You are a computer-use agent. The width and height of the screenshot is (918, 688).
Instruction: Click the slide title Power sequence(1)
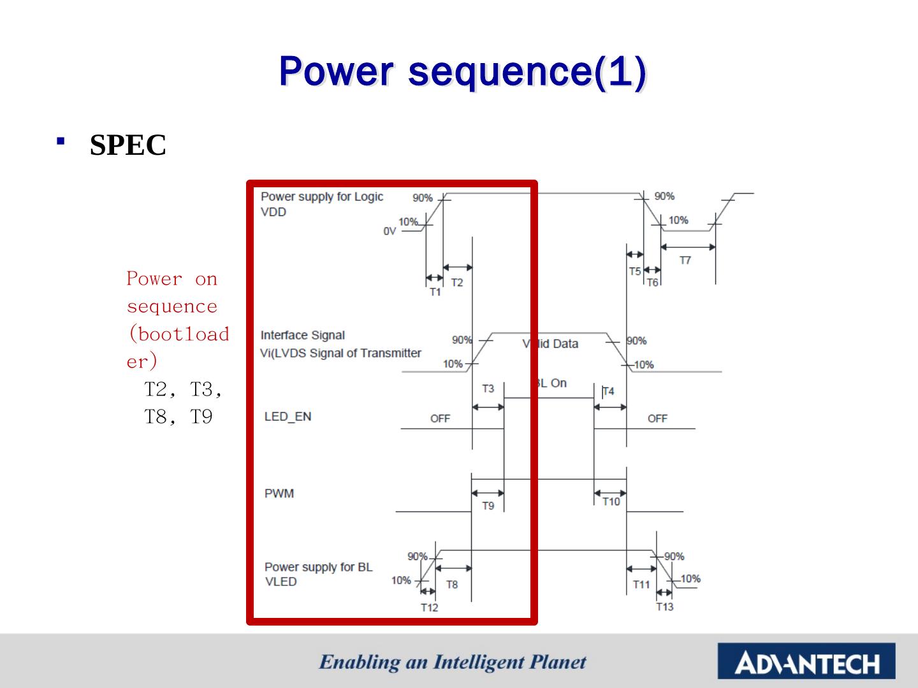(463, 72)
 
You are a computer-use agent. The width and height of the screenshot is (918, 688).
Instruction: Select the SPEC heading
(128, 145)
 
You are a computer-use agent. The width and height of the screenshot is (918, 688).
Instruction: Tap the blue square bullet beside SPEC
(61, 141)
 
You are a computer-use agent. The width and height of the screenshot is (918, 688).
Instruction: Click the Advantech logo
(806, 661)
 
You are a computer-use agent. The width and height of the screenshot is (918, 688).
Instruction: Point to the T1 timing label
(435, 292)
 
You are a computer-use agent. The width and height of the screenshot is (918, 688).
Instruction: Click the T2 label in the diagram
(457, 283)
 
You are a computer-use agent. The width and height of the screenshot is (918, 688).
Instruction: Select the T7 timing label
(685, 261)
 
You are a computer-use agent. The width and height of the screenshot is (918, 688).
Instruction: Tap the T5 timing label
(635, 271)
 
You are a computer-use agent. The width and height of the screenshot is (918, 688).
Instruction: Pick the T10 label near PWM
(611, 502)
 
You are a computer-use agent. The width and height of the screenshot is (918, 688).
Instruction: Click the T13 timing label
(664, 607)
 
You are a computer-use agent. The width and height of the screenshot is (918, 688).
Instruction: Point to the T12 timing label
(429, 608)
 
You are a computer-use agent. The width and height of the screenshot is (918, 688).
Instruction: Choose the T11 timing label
(641, 585)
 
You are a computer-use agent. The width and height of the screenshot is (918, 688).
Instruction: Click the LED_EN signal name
(288, 417)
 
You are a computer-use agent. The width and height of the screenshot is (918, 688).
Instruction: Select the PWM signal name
(279, 493)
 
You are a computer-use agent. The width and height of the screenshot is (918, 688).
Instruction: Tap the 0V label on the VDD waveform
(390, 231)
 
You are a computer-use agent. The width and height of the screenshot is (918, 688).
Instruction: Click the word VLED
(280, 582)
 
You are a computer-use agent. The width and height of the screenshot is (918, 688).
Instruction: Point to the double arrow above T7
(688, 247)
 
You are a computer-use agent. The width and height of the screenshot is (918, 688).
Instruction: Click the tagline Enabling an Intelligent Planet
(453, 663)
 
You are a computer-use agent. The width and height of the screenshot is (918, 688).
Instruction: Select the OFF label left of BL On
(440, 419)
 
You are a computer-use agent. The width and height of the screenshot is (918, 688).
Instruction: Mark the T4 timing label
(608, 391)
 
